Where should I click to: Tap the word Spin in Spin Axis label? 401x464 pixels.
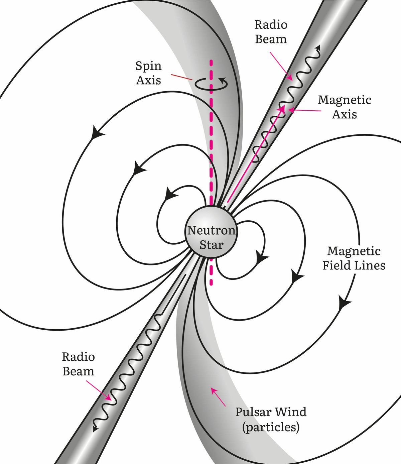pyautogui.click(x=148, y=66)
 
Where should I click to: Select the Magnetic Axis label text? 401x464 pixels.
pyautogui.click(x=345, y=107)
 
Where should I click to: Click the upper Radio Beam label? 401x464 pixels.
pyautogui.click(x=271, y=32)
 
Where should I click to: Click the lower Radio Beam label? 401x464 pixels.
pyautogui.click(x=78, y=364)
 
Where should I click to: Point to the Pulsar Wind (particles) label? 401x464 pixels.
pyautogui.click(x=271, y=419)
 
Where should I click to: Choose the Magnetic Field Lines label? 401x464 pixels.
pyautogui.click(x=354, y=258)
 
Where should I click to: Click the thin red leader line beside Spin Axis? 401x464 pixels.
pyautogui.click(x=181, y=77)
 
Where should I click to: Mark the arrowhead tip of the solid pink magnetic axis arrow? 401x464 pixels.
pyautogui.click(x=284, y=106)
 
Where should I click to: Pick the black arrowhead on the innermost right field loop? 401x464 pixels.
pyautogui.click(x=262, y=258)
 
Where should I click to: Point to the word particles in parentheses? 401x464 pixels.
pyautogui.click(x=271, y=427)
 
